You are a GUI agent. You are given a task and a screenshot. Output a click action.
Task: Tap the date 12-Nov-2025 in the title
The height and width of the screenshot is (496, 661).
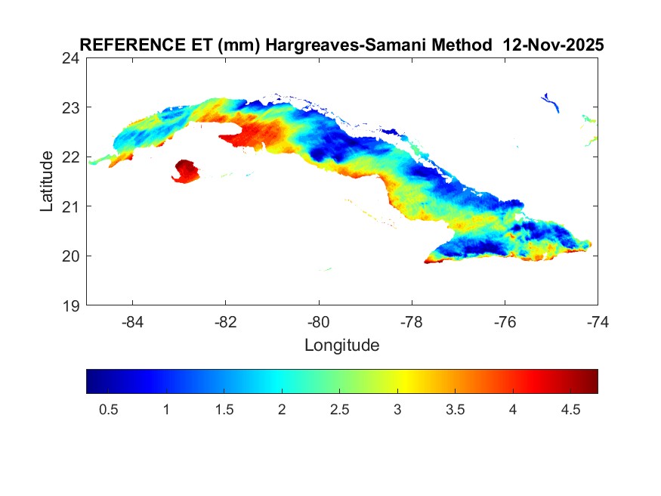(554, 45)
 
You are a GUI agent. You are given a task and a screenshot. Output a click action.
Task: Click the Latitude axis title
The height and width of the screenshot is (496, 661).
(47, 181)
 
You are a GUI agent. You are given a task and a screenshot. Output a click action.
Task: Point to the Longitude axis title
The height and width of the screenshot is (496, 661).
(341, 346)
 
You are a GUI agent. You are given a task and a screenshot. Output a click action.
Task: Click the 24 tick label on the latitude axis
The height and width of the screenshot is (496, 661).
(73, 58)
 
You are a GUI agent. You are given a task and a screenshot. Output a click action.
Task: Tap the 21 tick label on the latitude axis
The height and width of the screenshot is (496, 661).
(73, 206)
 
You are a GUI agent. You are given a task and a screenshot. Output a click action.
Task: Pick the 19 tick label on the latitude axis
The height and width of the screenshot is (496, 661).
(73, 305)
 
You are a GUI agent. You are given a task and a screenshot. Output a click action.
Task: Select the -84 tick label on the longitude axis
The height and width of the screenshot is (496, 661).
(133, 321)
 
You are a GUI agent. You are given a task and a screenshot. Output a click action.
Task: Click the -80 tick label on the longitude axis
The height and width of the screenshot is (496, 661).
(319, 321)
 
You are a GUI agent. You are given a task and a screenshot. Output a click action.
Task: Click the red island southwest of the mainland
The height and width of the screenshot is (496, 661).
(185, 171)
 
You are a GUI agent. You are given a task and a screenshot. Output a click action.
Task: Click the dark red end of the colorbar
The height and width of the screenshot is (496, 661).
(592, 381)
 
